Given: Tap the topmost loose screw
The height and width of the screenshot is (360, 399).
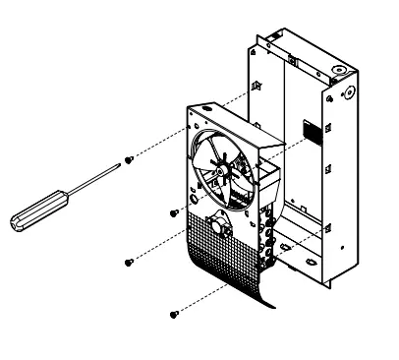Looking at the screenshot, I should tap(129, 161).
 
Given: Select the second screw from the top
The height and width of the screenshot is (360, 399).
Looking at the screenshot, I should tap(174, 210).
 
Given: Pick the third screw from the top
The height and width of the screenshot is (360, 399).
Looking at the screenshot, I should tap(129, 262).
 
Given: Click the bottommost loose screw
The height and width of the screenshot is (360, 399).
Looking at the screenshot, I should tap(175, 314).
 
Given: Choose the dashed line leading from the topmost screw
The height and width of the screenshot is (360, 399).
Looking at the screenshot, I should tap(187, 124).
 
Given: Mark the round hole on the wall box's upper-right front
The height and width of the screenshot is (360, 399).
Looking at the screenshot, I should tap(345, 98).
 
